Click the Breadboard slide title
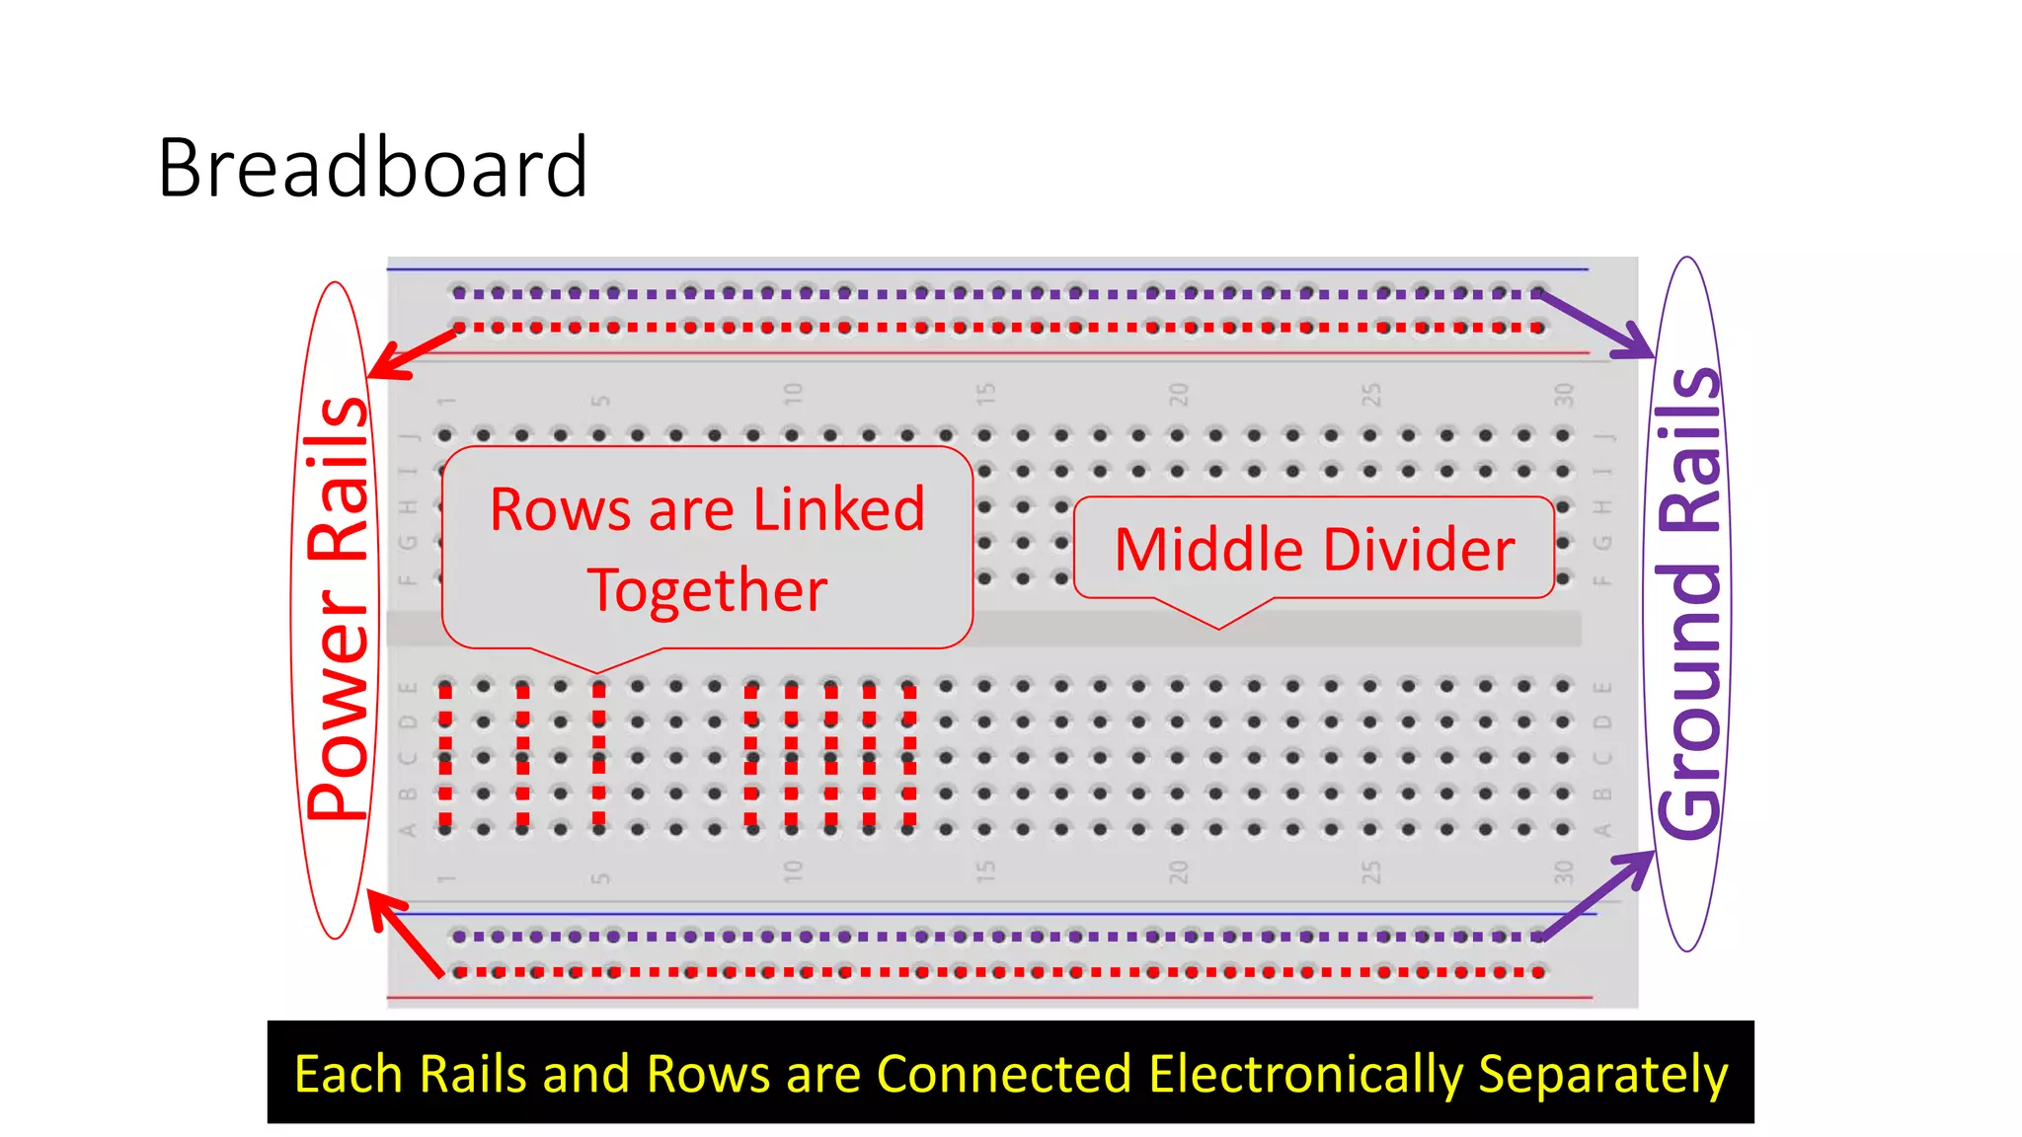click(372, 168)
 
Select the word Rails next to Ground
click(1690, 449)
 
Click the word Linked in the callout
click(838, 510)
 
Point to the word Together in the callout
click(707, 590)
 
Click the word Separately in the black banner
click(1602, 1074)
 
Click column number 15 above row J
click(985, 395)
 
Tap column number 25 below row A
click(1371, 871)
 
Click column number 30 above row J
click(1563, 395)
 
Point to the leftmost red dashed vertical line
click(446, 755)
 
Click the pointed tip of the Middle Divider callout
click(1219, 628)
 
